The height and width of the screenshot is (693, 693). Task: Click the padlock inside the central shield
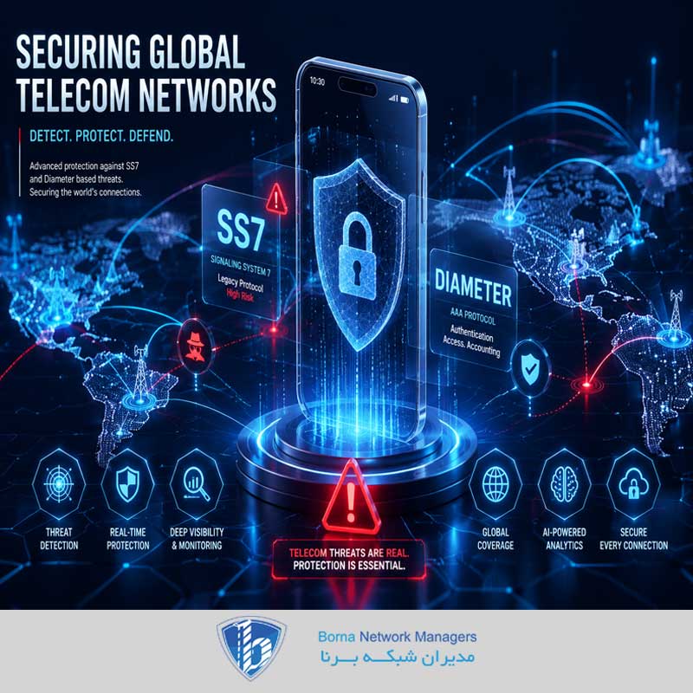357,256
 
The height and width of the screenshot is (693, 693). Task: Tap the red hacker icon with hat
195,346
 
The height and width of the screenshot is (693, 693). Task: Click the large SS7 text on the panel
241,230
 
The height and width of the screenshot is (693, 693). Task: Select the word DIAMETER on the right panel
473,288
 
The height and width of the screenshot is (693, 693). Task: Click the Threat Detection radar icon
59,484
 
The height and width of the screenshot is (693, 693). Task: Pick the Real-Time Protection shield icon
127,485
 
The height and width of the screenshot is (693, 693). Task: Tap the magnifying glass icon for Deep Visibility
197,484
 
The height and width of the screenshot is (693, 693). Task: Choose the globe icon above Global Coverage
495,485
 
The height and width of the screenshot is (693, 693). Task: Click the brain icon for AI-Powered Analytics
564,485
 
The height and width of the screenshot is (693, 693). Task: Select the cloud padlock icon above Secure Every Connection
633,483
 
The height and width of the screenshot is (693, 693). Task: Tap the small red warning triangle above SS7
276,198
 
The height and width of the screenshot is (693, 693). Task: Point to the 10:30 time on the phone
317,81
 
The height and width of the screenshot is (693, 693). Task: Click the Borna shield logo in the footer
251,647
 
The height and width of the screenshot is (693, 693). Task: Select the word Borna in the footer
336,637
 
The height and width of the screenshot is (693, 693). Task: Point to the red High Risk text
240,295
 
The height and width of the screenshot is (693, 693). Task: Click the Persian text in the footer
398,657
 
